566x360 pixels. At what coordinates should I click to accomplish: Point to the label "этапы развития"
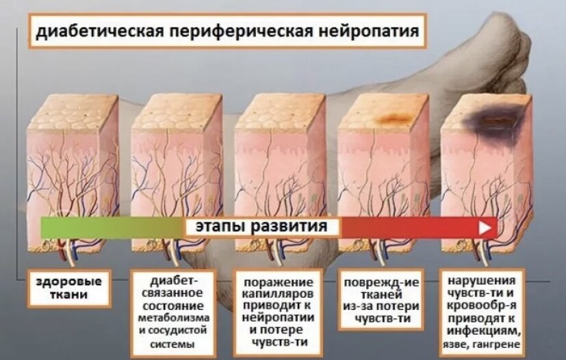[263, 227]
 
